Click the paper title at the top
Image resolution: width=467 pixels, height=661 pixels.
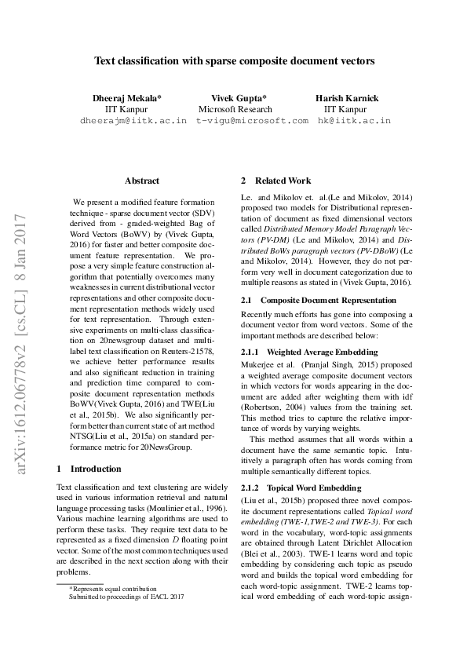click(x=234, y=60)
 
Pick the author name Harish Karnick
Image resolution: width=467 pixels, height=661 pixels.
click(x=346, y=98)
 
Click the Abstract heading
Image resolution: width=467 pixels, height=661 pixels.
click(x=142, y=181)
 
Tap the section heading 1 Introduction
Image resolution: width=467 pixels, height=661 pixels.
click(x=89, y=469)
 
